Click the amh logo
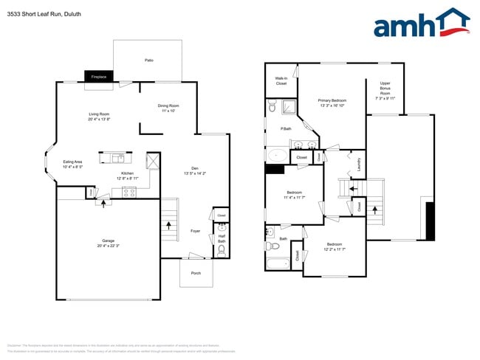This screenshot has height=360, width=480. pyautogui.click(x=421, y=24)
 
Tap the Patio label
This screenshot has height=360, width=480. pyautogui.click(x=148, y=60)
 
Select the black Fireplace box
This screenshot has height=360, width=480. pyautogui.click(x=99, y=77)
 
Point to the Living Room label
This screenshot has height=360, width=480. pyautogui.click(x=99, y=116)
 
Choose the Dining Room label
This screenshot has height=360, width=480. pyautogui.click(x=168, y=108)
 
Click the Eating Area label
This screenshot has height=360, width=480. pyautogui.click(x=72, y=164)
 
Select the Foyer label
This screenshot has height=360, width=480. pyautogui.click(x=196, y=231)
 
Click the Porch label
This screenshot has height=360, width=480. pyautogui.click(x=196, y=273)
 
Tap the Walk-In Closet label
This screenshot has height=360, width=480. pyautogui.click(x=281, y=80)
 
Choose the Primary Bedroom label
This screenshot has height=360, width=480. pyautogui.click(x=332, y=103)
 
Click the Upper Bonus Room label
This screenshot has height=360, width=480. pyautogui.click(x=385, y=90)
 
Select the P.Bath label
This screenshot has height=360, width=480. pyautogui.click(x=286, y=130)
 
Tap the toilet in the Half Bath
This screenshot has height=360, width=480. pyautogui.click(x=222, y=250)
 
